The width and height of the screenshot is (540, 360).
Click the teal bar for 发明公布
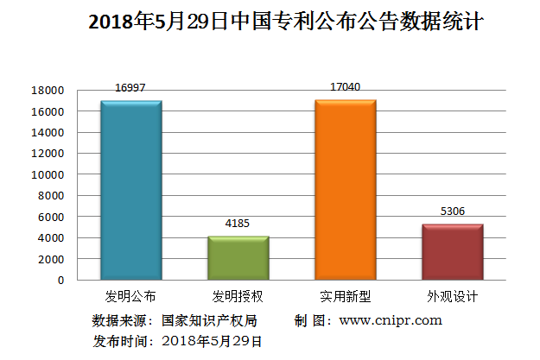click(x=130, y=190)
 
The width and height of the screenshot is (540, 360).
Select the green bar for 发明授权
click(x=238, y=257)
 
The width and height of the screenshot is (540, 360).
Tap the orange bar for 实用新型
click(x=345, y=190)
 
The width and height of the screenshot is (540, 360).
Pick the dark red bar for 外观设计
click(x=452, y=251)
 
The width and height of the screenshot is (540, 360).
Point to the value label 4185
click(x=238, y=224)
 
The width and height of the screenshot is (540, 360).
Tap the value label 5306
click(x=452, y=212)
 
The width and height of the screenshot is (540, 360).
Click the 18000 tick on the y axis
click(x=48, y=91)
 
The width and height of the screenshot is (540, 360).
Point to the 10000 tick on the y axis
click(x=48, y=174)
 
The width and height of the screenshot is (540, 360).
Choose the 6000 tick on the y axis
click(x=51, y=217)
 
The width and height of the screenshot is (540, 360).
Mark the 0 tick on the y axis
click(x=60, y=280)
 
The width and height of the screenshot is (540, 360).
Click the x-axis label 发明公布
click(x=130, y=296)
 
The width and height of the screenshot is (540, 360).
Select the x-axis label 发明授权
click(x=238, y=296)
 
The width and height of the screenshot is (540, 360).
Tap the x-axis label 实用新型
click(x=345, y=296)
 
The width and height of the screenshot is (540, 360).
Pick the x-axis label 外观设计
click(x=452, y=296)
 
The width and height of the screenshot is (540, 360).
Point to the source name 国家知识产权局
click(x=208, y=320)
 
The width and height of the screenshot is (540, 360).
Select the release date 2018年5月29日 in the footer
click(x=212, y=340)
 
